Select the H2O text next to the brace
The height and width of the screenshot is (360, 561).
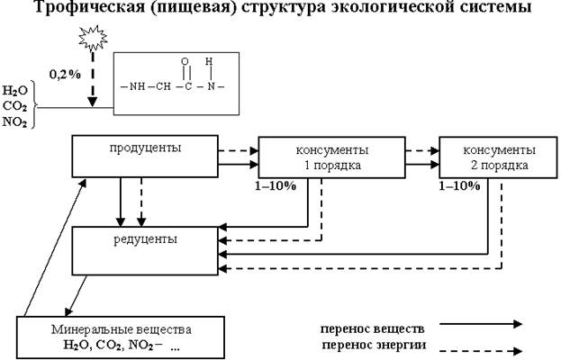[x=14, y=91]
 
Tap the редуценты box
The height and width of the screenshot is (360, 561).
[x=144, y=250]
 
